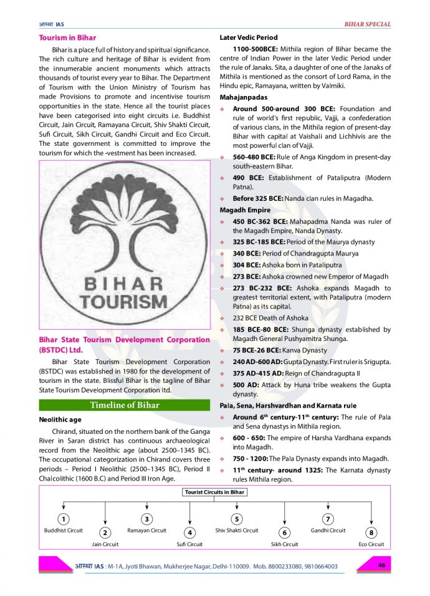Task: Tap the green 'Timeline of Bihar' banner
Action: (x=125, y=405)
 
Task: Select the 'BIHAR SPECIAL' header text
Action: (x=368, y=24)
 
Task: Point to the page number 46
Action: (x=383, y=565)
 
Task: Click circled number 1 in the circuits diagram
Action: (x=63, y=519)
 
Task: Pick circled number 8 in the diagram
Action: (x=371, y=532)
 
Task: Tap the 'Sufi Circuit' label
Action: (x=189, y=544)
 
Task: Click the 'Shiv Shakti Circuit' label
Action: (x=237, y=531)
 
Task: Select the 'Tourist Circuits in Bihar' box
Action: (x=215, y=492)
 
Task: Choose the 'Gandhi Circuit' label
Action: (x=328, y=531)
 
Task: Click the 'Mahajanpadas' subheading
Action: (x=244, y=97)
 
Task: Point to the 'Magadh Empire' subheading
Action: (x=245, y=210)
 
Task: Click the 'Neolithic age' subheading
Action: (x=60, y=420)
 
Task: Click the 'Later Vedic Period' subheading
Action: (x=249, y=37)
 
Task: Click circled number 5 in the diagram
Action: (x=237, y=519)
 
